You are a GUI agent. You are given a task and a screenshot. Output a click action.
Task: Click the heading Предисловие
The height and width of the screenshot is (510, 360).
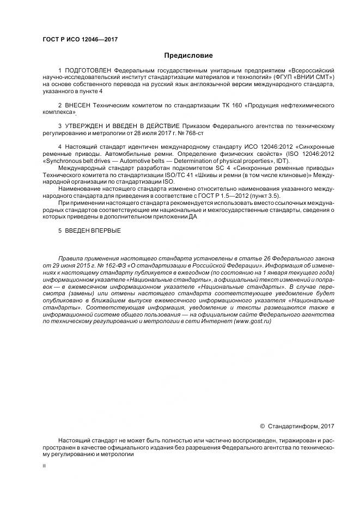188,56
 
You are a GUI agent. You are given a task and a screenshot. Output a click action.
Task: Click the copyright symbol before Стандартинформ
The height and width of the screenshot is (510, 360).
263,426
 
